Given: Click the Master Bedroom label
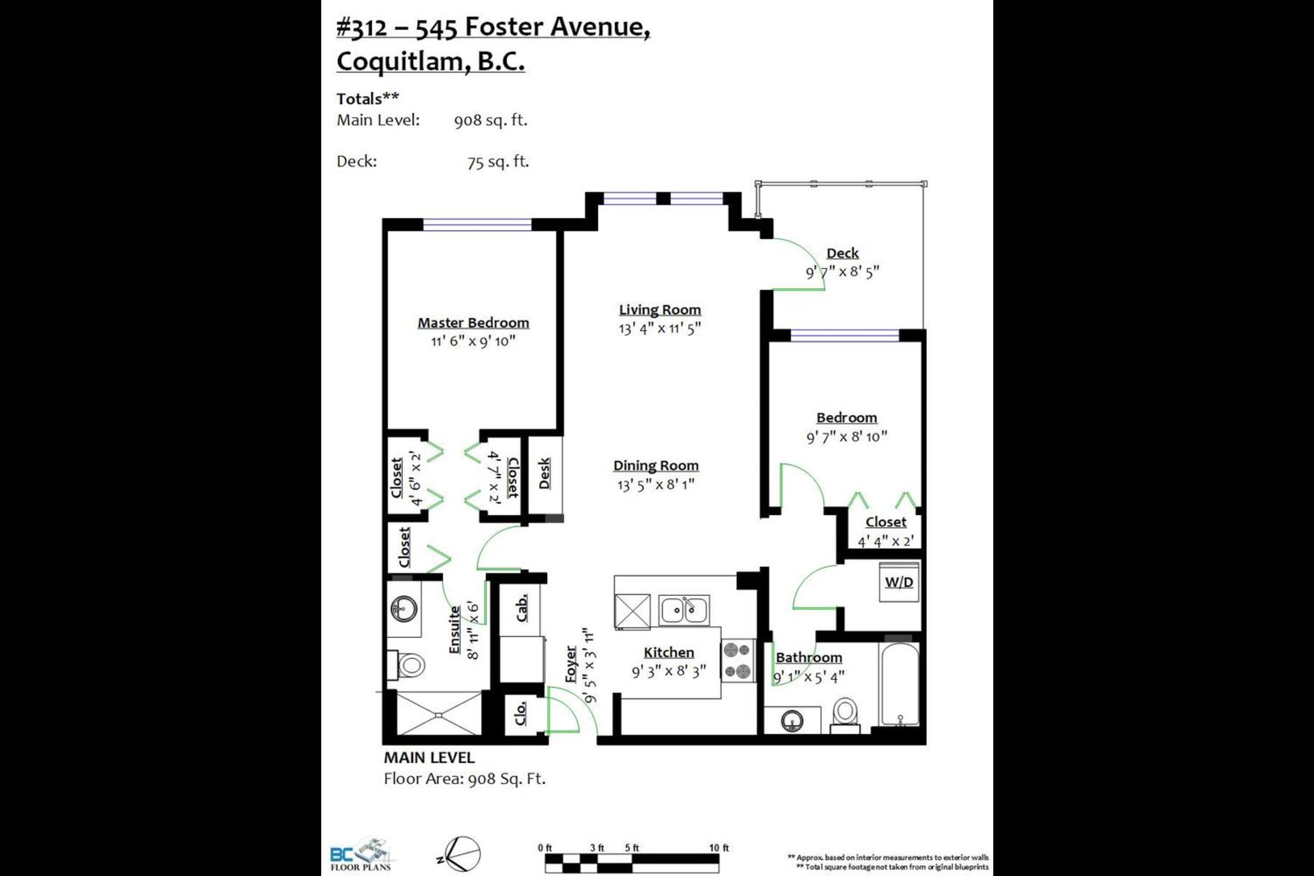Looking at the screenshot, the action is coord(473,323).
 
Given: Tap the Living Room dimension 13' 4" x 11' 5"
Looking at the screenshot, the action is coord(659,328).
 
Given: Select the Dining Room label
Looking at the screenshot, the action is coord(656,465).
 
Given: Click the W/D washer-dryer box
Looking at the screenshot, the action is coord(899,582).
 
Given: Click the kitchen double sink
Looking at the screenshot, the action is coord(684,610).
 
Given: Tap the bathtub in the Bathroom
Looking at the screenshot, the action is coord(899,684).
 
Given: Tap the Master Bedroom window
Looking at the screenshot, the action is coord(477,224).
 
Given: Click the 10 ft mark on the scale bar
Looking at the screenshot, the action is coord(719,848).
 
